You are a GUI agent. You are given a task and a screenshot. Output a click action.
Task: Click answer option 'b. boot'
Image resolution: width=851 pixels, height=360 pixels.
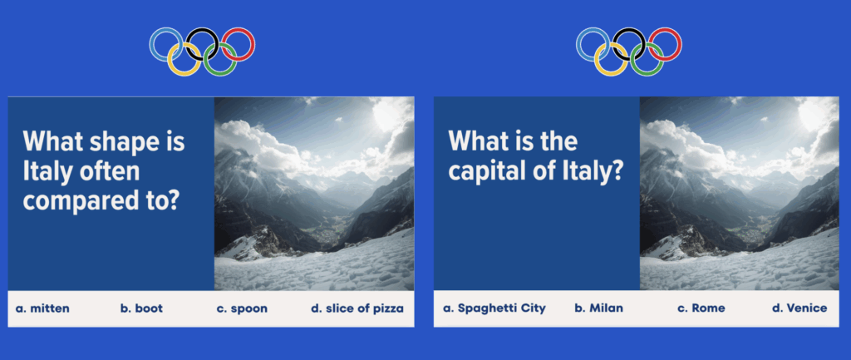pyautogui.click(x=141, y=309)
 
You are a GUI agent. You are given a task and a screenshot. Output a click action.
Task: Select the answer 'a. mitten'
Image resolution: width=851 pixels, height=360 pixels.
pyautogui.click(x=42, y=309)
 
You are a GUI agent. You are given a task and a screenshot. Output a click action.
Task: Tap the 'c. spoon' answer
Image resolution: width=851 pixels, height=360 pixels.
pyautogui.click(x=242, y=309)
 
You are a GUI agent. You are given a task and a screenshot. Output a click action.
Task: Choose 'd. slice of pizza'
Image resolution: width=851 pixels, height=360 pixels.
pyautogui.click(x=357, y=309)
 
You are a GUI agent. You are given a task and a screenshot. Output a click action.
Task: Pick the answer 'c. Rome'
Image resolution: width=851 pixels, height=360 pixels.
pyautogui.click(x=701, y=308)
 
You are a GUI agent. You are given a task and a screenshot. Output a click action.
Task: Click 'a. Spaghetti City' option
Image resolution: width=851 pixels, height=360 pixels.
pyautogui.click(x=494, y=308)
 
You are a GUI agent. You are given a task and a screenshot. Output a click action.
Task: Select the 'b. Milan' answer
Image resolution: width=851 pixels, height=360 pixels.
pyautogui.click(x=598, y=308)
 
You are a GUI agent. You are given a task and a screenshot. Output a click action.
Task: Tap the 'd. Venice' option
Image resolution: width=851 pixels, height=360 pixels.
pyautogui.click(x=799, y=308)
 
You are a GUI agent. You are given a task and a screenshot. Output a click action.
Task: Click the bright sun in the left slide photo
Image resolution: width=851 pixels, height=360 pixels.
pyautogui.click(x=386, y=115)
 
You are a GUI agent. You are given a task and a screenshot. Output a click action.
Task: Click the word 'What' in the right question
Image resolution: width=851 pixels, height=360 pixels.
pyautogui.click(x=474, y=141)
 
